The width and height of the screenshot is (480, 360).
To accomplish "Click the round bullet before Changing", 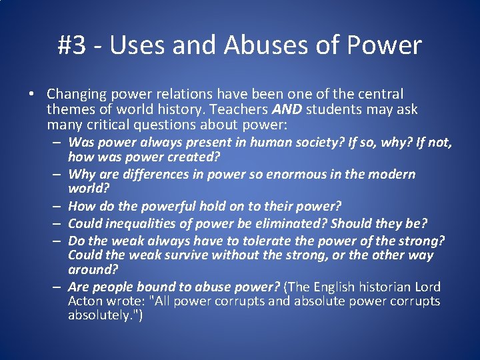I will pos(33,95).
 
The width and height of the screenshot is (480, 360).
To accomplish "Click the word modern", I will pos(393,175).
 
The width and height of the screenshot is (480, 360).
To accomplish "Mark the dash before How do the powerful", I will pos(59,207).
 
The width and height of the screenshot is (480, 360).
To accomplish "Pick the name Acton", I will pos(85,301).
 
